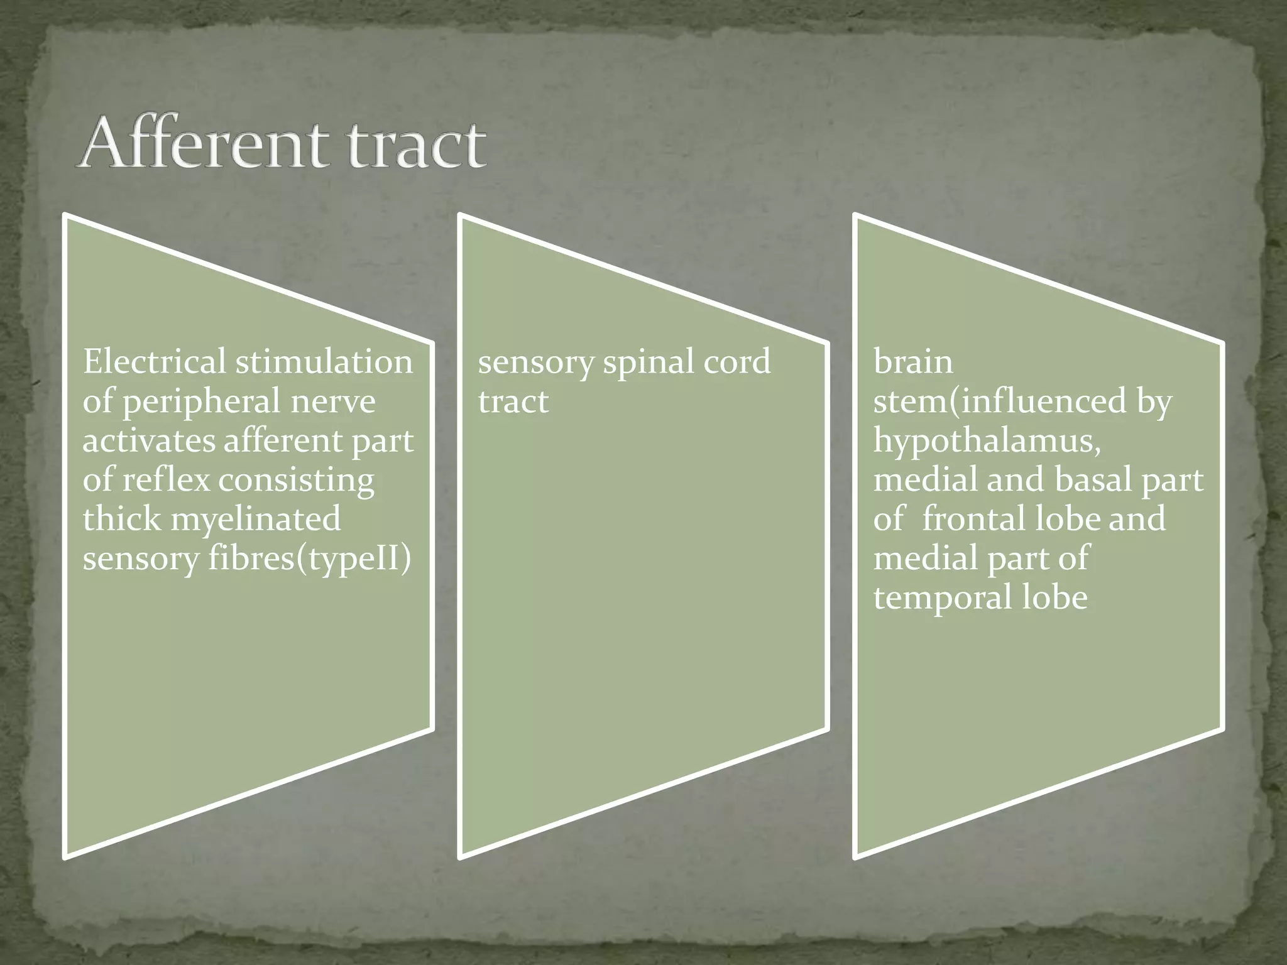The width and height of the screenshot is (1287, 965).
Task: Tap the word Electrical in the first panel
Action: [154, 362]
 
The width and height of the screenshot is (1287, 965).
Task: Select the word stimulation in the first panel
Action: [324, 362]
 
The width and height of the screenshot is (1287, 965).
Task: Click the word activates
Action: [148, 440]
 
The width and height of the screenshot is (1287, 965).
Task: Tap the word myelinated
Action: [255, 520]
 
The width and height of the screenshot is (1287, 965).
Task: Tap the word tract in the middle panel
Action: [513, 401]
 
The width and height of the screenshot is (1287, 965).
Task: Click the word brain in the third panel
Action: [912, 363]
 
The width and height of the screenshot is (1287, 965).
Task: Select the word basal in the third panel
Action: [1093, 480]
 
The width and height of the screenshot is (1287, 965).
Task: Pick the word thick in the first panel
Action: [121, 520]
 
